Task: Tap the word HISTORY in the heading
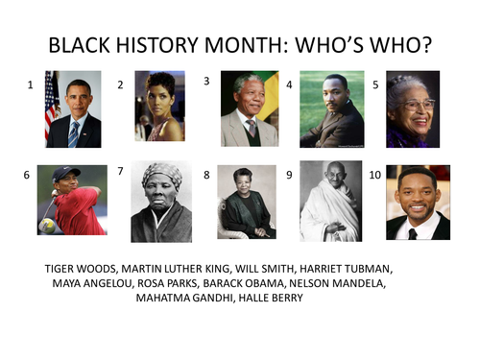[x=157, y=45]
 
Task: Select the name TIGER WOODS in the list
[x=82, y=269]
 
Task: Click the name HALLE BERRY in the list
[x=271, y=298]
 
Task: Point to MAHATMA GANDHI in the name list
[x=184, y=298]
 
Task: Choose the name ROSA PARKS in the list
[x=167, y=283]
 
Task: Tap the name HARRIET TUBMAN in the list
[x=346, y=269]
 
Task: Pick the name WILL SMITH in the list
[x=265, y=269]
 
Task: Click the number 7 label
[x=120, y=171]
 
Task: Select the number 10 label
[x=375, y=175]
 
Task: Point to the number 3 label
[x=206, y=82]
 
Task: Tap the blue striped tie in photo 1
[x=73, y=134]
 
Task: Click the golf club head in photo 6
[x=47, y=226]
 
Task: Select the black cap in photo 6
[x=65, y=174]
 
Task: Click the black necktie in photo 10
[x=413, y=234]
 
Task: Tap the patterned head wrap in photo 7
[x=162, y=175]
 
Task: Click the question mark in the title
[x=425, y=45]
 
